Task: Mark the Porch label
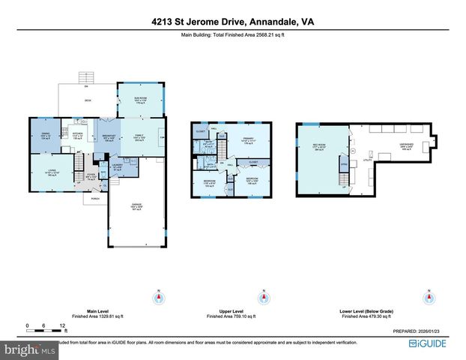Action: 95,199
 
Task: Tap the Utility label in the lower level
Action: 368,160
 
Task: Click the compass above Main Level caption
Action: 158,298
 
